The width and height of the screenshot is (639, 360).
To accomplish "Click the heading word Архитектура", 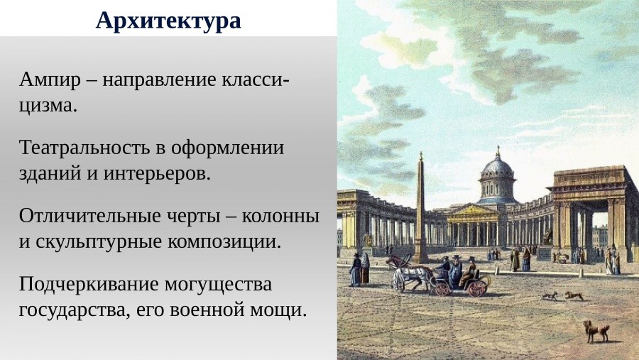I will coord(168,20).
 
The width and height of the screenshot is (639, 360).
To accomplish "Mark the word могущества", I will coord(218,283).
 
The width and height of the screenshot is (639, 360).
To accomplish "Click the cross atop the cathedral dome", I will coord(498,150).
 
